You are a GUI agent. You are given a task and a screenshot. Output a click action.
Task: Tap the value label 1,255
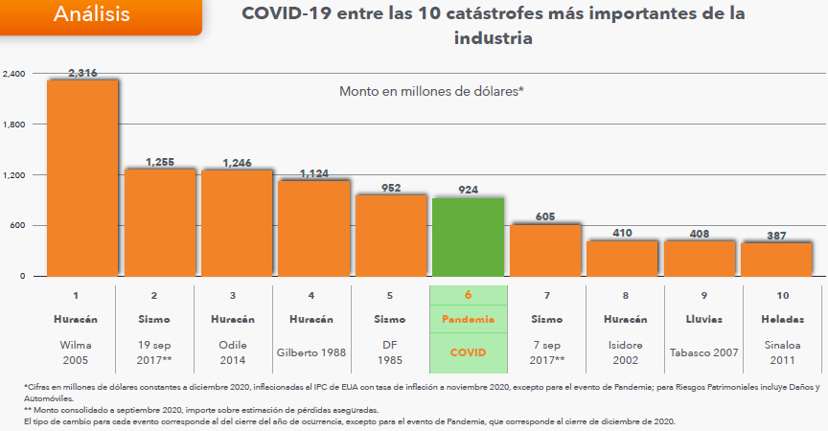click(x=159, y=162)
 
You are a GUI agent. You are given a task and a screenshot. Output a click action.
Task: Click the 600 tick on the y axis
click(x=18, y=226)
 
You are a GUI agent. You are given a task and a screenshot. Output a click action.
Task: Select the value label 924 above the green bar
click(x=468, y=191)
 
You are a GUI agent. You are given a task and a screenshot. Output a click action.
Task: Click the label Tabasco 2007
click(x=700, y=352)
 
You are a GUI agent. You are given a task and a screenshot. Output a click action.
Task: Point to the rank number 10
click(x=776, y=295)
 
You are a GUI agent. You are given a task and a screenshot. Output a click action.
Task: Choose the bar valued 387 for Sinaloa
click(x=776, y=259)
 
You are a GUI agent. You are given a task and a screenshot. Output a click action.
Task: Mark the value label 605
click(x=544, y=217)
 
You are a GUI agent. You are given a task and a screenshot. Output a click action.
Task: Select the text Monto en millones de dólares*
click(x=431, y=91)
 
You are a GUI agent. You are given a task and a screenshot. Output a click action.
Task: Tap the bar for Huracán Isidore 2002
click(x=622, y=258)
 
